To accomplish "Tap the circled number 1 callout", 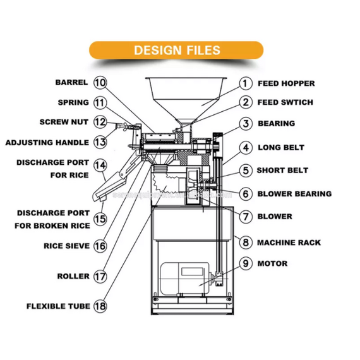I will coord(246,83).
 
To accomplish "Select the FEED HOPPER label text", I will coord(285,83).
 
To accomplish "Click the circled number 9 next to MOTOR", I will coord(246,263).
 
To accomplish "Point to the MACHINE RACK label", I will coord(289,243).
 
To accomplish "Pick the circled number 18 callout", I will coord(100,306).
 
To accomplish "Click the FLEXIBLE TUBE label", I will coord(59,306).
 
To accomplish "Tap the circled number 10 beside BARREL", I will coord(100,83).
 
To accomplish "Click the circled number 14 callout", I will coord(100,165).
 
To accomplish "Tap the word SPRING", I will coord(73,102).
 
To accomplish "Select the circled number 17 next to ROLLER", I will coord(100,276).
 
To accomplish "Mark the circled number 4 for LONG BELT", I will coord(246,148).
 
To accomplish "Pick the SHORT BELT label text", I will coord(282,171).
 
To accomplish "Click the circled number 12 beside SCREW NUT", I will coord(100,122).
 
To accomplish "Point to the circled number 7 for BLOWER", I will coord(246,217).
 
